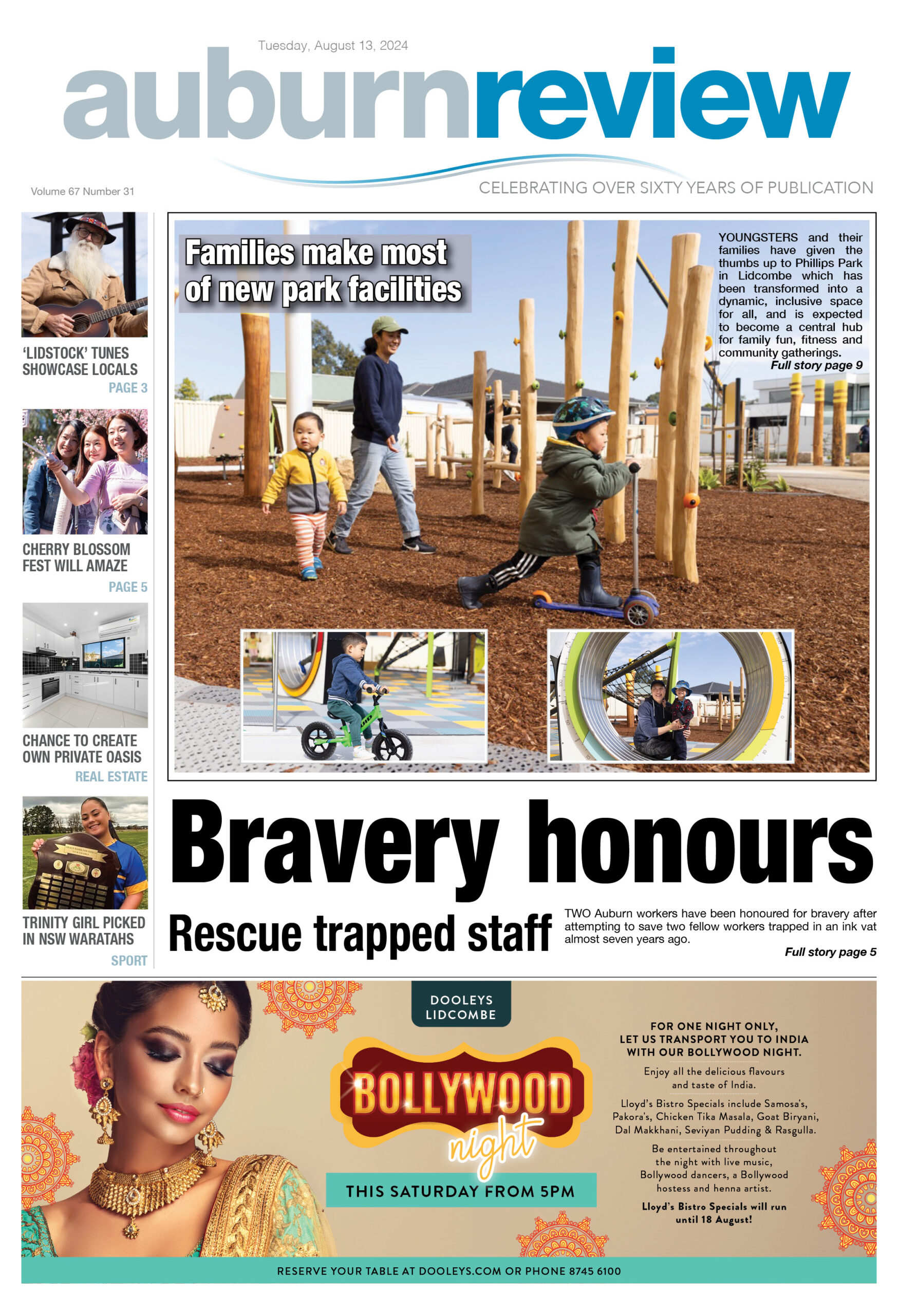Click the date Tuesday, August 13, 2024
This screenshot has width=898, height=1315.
pos(333,46)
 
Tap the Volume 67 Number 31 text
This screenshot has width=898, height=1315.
pos(83,191)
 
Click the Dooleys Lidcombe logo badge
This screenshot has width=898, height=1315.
pos(461,1007)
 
